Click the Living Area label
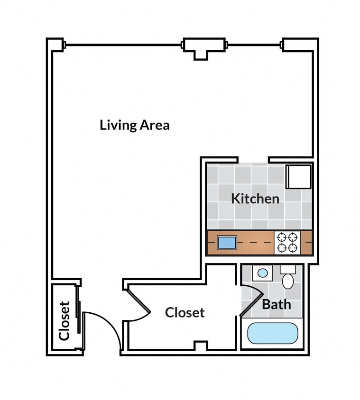click(135, 126)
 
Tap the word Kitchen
click(255, 199)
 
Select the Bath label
click(276, 304)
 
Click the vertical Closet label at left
click(65, 321)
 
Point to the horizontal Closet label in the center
click(185, 313)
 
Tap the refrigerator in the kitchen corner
click(298, 176)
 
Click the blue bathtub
click(273, 333)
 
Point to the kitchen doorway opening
click(253, 160)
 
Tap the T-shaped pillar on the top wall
click(202, 48)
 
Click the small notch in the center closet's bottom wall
click(201, 345)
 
